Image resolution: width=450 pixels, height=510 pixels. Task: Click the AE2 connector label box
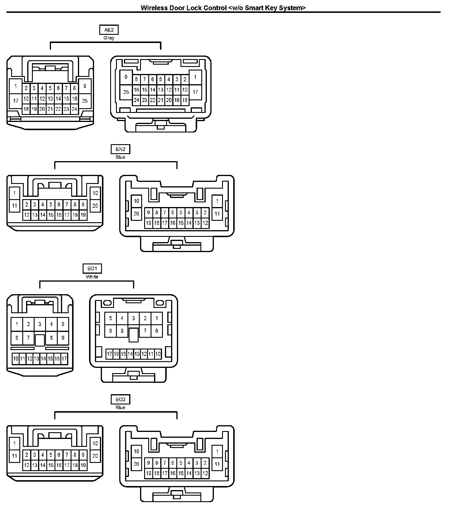click(109, 30)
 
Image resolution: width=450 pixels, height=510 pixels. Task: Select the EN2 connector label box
click(120, 149)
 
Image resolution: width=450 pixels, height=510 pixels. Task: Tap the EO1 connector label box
click(92, 268)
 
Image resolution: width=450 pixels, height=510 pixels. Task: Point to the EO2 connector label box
click(120, 399)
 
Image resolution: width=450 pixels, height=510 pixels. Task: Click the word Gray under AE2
click(109, 38)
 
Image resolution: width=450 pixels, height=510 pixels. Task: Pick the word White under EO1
click(92, 277)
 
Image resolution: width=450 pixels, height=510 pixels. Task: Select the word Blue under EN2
click(120, 157)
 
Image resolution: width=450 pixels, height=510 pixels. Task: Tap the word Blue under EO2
click(120, 408)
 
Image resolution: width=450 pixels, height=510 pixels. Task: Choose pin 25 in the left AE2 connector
click(85, 101)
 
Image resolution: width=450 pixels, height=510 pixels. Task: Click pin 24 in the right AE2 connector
click(136, 100)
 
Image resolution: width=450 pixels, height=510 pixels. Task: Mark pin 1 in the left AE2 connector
click(16, 86)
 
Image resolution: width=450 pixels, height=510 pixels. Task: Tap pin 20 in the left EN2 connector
click(95, 206)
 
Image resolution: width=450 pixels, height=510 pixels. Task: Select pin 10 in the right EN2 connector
click(136, 201)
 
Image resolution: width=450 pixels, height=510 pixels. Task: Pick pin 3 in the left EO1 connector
click(40, 324)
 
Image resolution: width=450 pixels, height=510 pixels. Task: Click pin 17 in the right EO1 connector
click(109, 354)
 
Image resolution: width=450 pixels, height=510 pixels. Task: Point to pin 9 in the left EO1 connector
click(63, 338)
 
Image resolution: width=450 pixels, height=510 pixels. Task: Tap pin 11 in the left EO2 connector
click(15, 456)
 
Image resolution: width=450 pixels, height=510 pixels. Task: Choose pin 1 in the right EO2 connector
click(217, 452)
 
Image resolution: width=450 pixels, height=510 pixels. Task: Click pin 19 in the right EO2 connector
click(149, 473)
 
